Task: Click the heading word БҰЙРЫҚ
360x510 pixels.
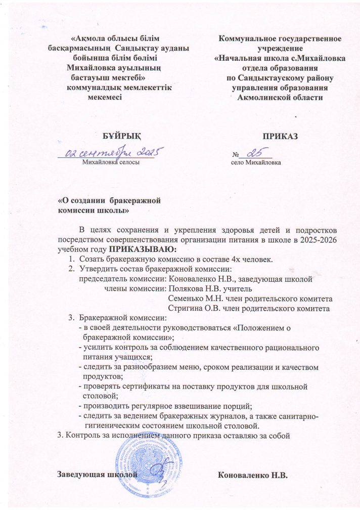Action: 119,136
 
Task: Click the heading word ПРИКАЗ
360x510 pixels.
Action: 279,136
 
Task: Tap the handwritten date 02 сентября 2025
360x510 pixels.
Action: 113,152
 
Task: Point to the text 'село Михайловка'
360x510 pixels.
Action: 256,163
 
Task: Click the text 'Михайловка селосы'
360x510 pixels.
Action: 111,162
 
